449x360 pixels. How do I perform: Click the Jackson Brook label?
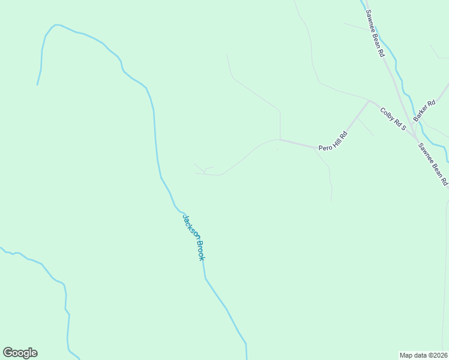194,238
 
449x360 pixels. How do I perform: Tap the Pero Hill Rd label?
333,141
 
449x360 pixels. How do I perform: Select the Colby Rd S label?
393,119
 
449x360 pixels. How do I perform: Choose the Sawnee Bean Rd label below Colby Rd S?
433,164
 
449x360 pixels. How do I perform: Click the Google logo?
20,353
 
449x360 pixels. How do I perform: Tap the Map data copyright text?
424,355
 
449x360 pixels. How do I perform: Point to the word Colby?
387,113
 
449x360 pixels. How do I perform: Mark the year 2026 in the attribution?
440,355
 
